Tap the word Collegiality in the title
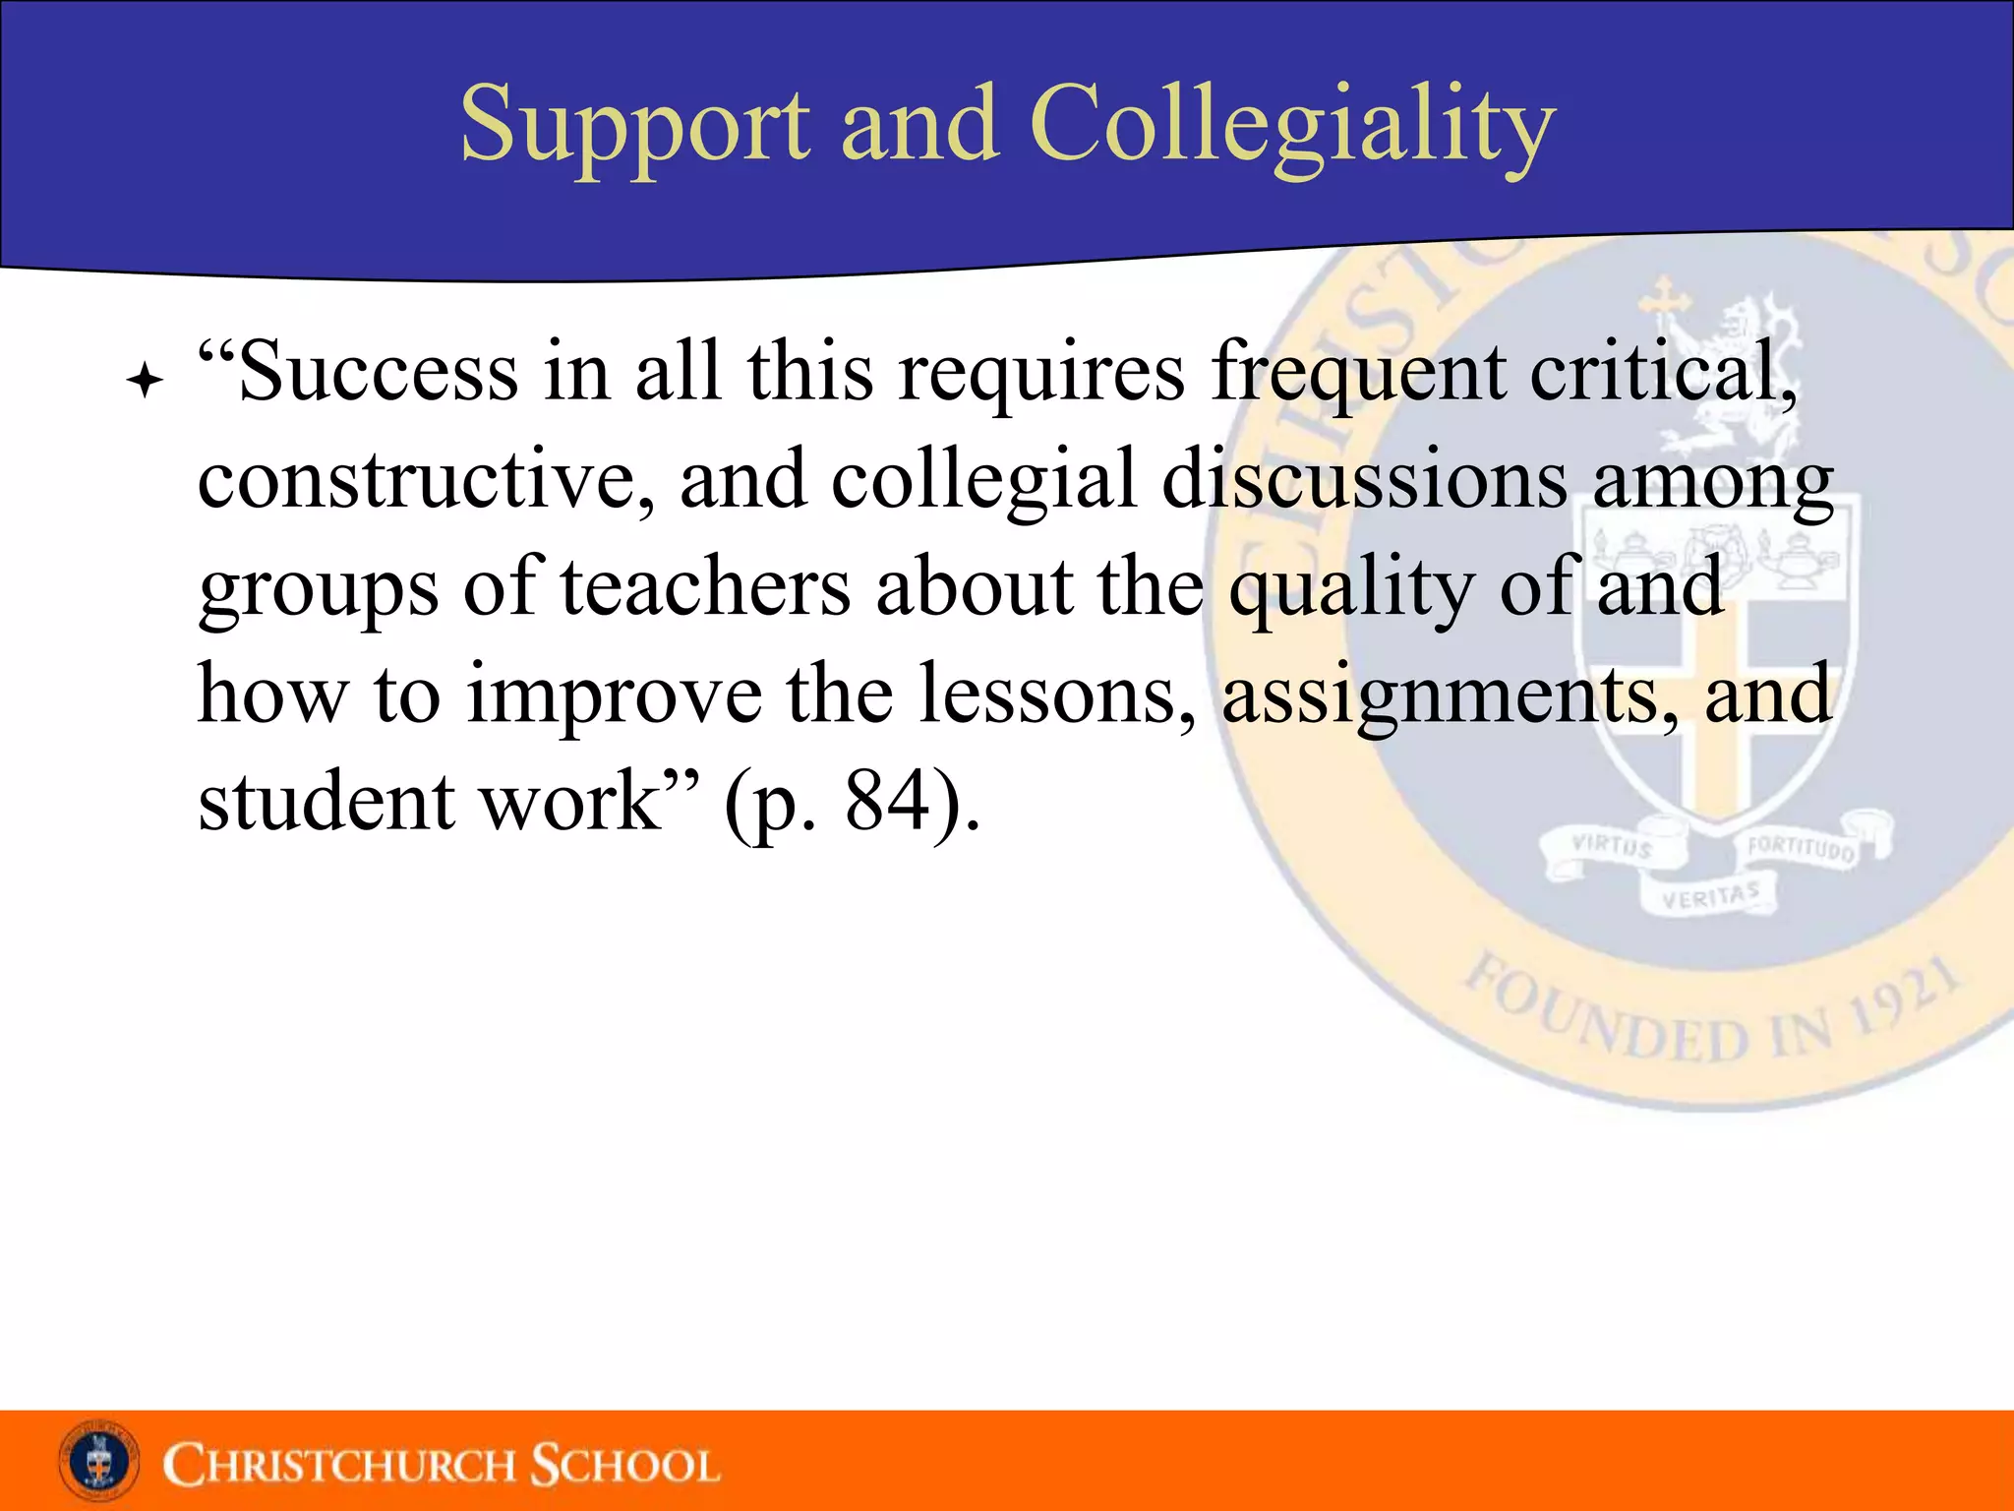pyautogui.click(x=1292, y=126)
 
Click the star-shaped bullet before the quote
pyautogui.click(x=145, y=381)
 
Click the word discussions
pyautogui.click(x=1365, y=481)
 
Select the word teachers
pyautogui.click(x=705, y=587)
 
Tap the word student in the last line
pyautogui.click(x=326, y=802)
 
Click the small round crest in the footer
pyautogui.click(x=98, y=1462)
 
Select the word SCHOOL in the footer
pyautogui.click(x=625, y=1465)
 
